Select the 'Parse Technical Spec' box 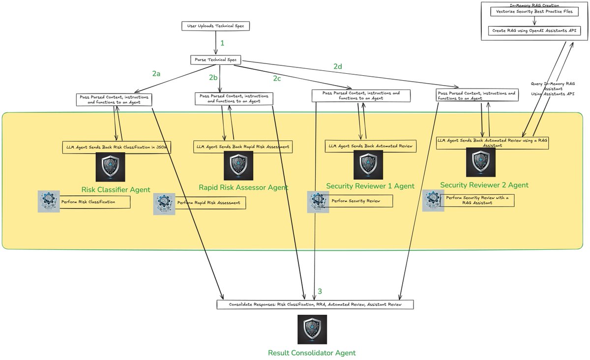(x=215, y=60)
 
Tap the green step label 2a (x=156, y=74)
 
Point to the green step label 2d (x=338, y=66)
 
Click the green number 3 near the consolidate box (x=320, y=292)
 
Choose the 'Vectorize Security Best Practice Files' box (x=534, y=11)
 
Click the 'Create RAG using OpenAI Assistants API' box (x=534, y=30)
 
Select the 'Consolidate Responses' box (x=315, y=304)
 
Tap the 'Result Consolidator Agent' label (x=312, y=353)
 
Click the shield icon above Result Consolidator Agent (x=312, y=330)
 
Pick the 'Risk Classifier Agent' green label (x=116, y=189)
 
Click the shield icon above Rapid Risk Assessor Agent (x=238, y=166)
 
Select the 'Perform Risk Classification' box (x=94, y=202)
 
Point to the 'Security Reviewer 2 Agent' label (x=484, y=185)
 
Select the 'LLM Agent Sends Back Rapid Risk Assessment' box (x=243, y=146)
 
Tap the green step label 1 (x=222, y=43)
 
